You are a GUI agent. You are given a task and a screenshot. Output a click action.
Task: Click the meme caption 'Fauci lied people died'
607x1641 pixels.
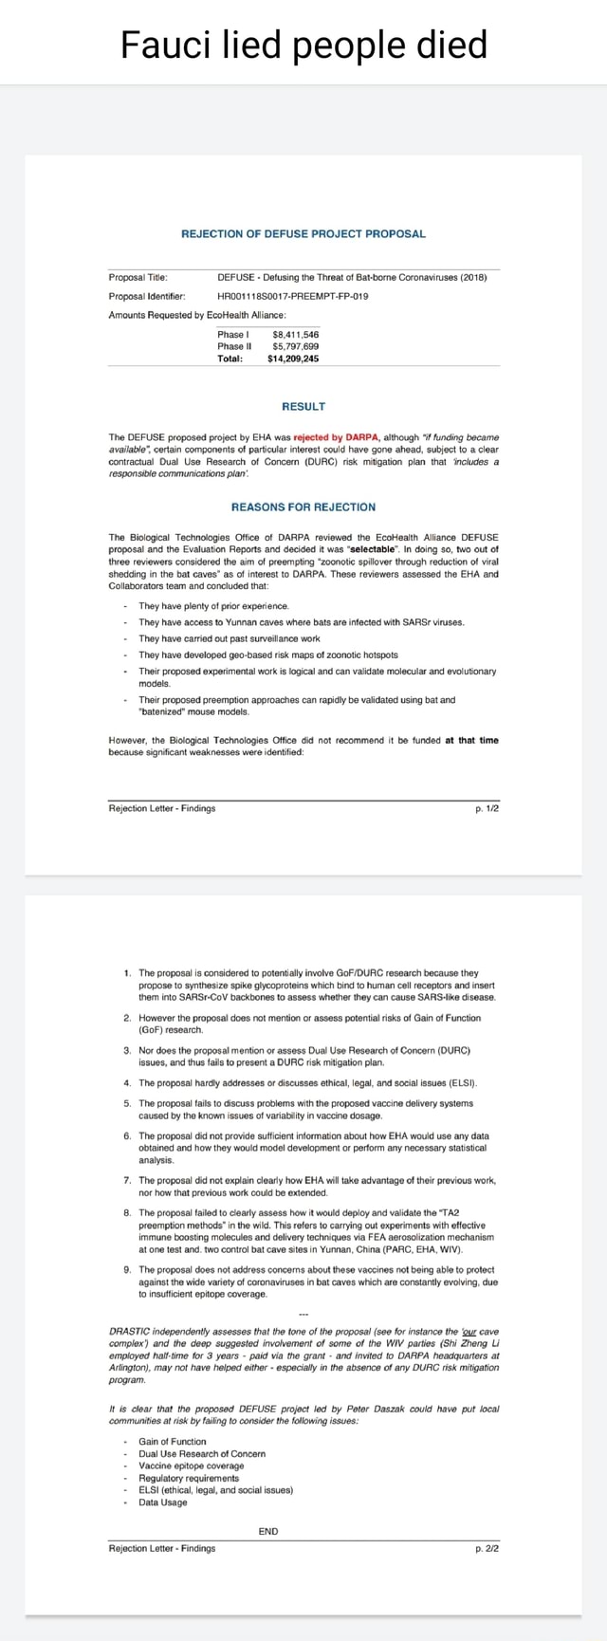pos(303,44)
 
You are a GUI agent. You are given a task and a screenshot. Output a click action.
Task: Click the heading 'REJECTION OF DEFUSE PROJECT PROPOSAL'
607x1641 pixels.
pos(303,233)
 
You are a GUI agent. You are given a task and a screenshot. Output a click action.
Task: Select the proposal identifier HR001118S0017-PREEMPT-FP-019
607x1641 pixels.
pos(293,295)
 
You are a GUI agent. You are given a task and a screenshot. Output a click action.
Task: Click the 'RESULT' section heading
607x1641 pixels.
pos(303,406)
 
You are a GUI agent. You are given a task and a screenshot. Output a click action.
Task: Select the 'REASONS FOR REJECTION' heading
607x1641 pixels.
pos(303,507)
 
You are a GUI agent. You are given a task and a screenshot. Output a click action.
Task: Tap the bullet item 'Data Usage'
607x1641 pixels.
pos(162,1502)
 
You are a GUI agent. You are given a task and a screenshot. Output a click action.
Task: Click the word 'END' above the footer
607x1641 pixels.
pos(268,1531)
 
